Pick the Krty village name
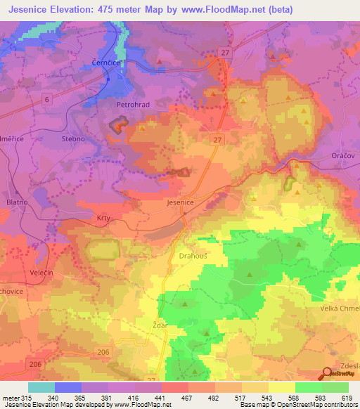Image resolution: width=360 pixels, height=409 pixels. pos(103,219)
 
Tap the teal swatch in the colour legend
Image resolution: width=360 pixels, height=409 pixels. pos(41,387)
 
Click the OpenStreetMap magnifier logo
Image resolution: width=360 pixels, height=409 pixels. pos(327,375)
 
